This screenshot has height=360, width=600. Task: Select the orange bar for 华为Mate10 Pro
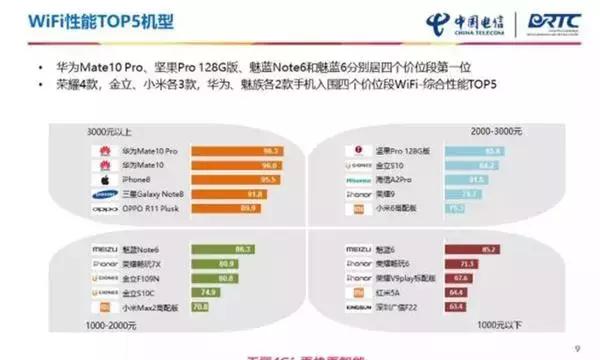(236, 149)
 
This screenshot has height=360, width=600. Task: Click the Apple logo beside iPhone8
(103, 179)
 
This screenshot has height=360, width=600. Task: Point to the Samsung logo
(103, 194)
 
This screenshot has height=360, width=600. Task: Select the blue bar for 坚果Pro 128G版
(461, 149)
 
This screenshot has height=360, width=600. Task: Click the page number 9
(577, 348)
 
